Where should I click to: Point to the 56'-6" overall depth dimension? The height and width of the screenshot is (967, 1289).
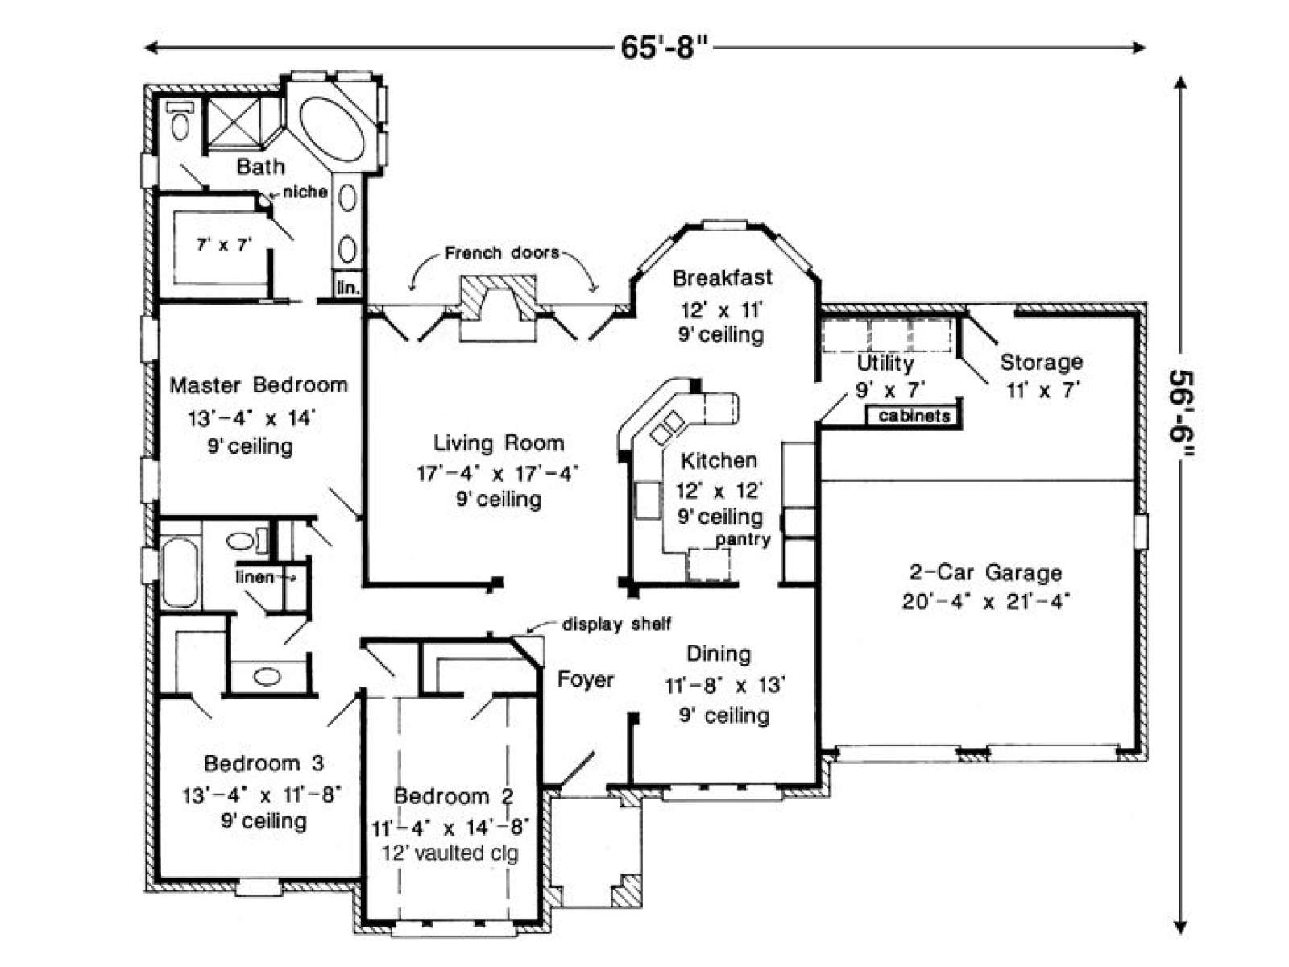point(1180,414)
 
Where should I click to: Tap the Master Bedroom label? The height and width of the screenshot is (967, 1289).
point(259,385)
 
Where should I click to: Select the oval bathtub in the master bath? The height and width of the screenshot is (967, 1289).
point(333,129)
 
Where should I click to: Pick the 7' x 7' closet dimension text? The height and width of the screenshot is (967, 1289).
point(224,243)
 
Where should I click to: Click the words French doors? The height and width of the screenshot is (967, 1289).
point(502,253)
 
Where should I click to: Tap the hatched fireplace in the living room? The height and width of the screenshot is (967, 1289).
point(498,298)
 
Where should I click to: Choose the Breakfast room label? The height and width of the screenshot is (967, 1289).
point(723,278)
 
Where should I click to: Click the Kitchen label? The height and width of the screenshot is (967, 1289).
point(719,460)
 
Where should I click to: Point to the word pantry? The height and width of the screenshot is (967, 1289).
point(743,539)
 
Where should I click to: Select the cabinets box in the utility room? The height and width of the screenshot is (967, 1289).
point(914,416)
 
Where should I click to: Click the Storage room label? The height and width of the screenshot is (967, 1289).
point(1042,363)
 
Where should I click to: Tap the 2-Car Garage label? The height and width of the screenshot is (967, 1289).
point(985,572)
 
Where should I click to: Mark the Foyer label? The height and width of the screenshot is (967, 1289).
point(586,679)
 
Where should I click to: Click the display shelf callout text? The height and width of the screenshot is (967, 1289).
point(616,624)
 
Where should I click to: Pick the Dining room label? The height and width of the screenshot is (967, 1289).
point(719,654)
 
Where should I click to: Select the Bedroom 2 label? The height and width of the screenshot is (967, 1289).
point(454,796)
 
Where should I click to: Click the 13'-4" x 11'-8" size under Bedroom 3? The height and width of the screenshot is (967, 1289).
point(262,795)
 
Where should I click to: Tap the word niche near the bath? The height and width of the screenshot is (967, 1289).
point(305,192)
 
